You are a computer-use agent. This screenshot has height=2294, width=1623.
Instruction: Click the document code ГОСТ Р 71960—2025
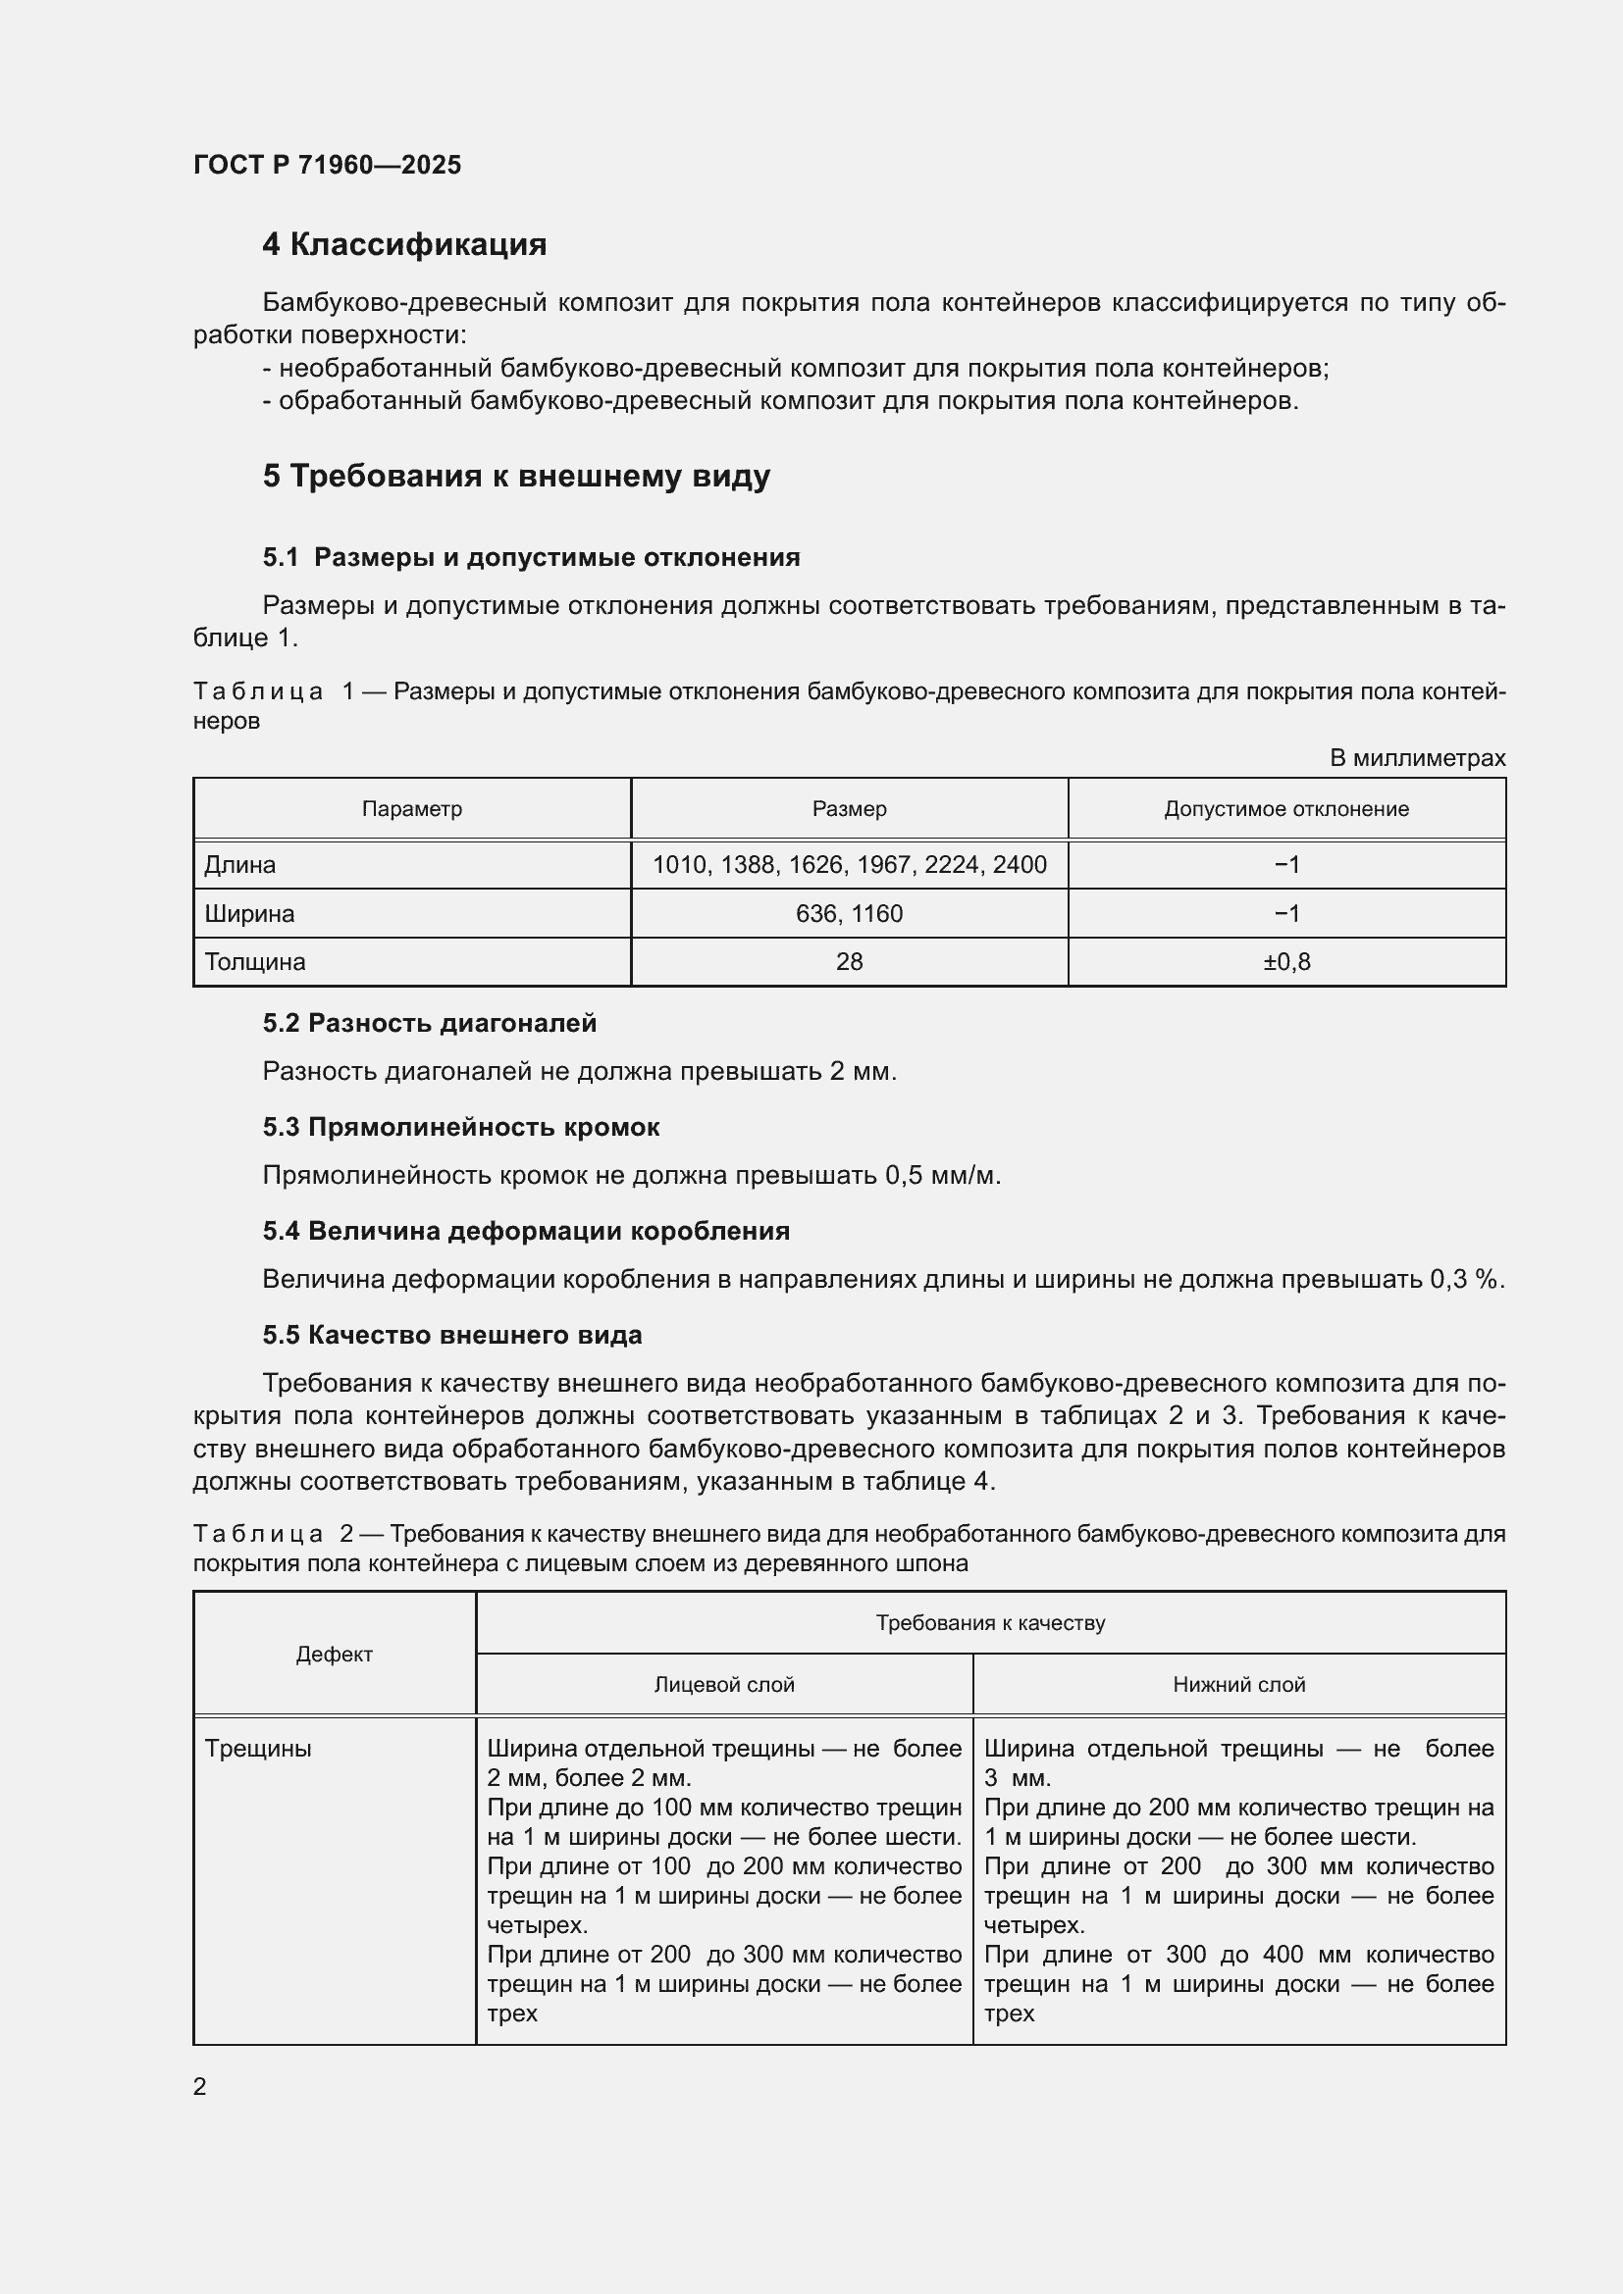(327, 165)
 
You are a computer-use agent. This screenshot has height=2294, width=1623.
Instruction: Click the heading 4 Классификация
(403, 245)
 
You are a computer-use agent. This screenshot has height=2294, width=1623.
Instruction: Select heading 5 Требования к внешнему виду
(516, 476)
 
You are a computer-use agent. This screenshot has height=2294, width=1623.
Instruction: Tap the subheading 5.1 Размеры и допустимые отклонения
(531, 557)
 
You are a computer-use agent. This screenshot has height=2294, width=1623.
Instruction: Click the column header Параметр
(412, 809)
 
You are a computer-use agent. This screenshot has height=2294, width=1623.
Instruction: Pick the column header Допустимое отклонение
(1285, 809)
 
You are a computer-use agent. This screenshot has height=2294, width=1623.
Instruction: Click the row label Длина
(239, 865)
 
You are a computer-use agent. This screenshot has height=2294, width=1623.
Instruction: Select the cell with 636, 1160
(849, 914)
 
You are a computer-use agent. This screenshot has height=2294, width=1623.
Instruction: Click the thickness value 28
(849, 962)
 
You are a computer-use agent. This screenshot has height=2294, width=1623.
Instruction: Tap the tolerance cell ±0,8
(1286, 962)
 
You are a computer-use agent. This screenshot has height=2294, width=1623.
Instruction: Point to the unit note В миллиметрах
(1416, 758)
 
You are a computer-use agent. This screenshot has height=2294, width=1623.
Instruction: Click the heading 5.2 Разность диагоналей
(429, 1023)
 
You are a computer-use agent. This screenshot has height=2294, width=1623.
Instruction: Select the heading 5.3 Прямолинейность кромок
(461, 1127)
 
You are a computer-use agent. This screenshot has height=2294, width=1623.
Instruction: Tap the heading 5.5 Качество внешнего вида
(451, 1335)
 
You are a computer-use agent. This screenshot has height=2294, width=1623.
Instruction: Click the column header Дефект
(334, 1655)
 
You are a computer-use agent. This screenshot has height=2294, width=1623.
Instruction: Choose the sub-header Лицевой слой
(723, 1685)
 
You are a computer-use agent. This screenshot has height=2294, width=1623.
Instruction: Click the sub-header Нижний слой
(1238, 1685)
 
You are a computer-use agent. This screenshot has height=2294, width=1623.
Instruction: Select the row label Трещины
(258, 1749)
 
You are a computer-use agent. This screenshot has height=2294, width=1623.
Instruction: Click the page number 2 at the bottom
(200, 2086)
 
